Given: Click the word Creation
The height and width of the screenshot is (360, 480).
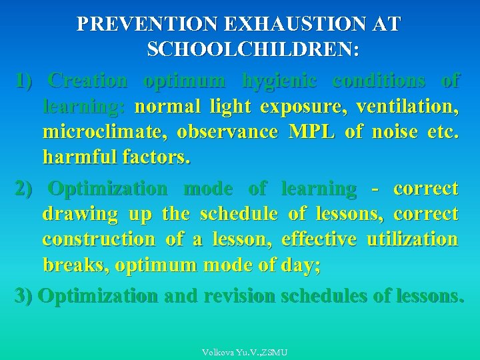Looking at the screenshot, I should coord(88,81).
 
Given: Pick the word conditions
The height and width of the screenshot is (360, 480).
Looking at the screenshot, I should coord(379,81).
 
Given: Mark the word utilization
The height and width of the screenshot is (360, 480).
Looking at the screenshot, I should coord(413,239).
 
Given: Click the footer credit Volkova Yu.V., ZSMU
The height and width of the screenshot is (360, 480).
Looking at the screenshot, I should coord(245,351).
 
